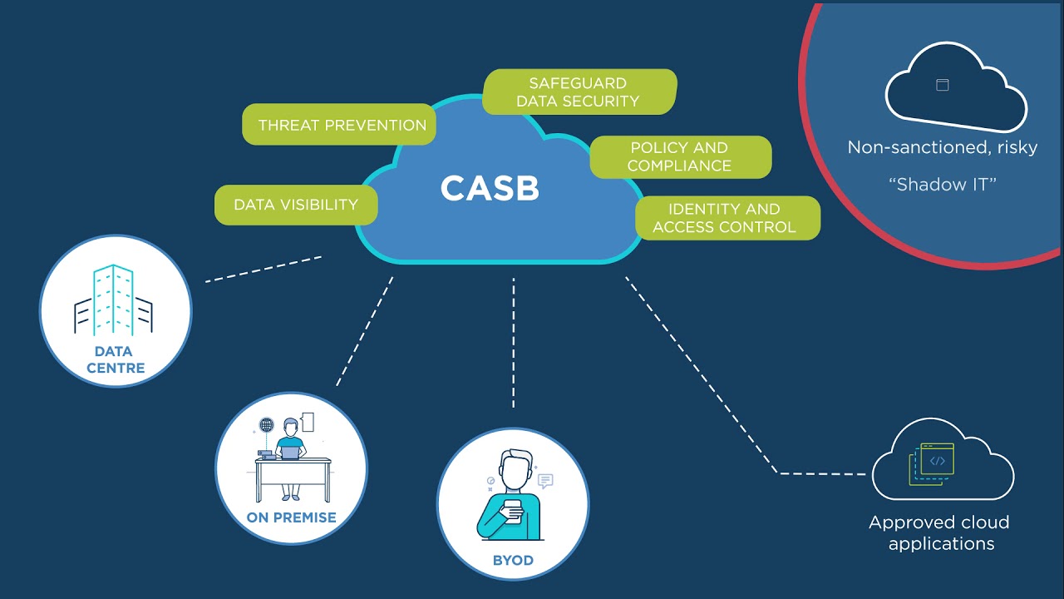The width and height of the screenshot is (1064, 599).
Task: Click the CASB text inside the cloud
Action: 490,188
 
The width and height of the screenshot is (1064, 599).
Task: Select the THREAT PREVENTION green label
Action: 341,125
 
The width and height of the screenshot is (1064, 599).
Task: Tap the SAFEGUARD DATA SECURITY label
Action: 579,92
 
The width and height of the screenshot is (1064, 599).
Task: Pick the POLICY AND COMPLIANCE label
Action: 680,156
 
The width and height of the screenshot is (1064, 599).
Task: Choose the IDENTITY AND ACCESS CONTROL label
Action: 725,218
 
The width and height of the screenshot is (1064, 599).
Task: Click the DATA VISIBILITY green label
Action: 296,205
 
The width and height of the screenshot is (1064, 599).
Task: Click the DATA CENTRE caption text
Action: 116,359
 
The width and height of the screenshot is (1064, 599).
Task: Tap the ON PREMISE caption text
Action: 291,517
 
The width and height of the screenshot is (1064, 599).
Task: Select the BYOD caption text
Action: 512,560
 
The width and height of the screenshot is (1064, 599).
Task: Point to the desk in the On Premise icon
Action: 292,471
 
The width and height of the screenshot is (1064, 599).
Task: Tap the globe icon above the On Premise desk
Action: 266,425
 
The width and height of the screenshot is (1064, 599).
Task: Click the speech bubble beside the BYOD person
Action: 545,480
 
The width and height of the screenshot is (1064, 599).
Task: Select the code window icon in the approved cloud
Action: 937,461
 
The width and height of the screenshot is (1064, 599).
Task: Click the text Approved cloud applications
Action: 939,533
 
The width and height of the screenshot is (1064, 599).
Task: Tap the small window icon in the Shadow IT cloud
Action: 942,85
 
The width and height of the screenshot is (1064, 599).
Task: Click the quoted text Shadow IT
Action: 942,185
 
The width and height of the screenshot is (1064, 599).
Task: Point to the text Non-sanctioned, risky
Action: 942,147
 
